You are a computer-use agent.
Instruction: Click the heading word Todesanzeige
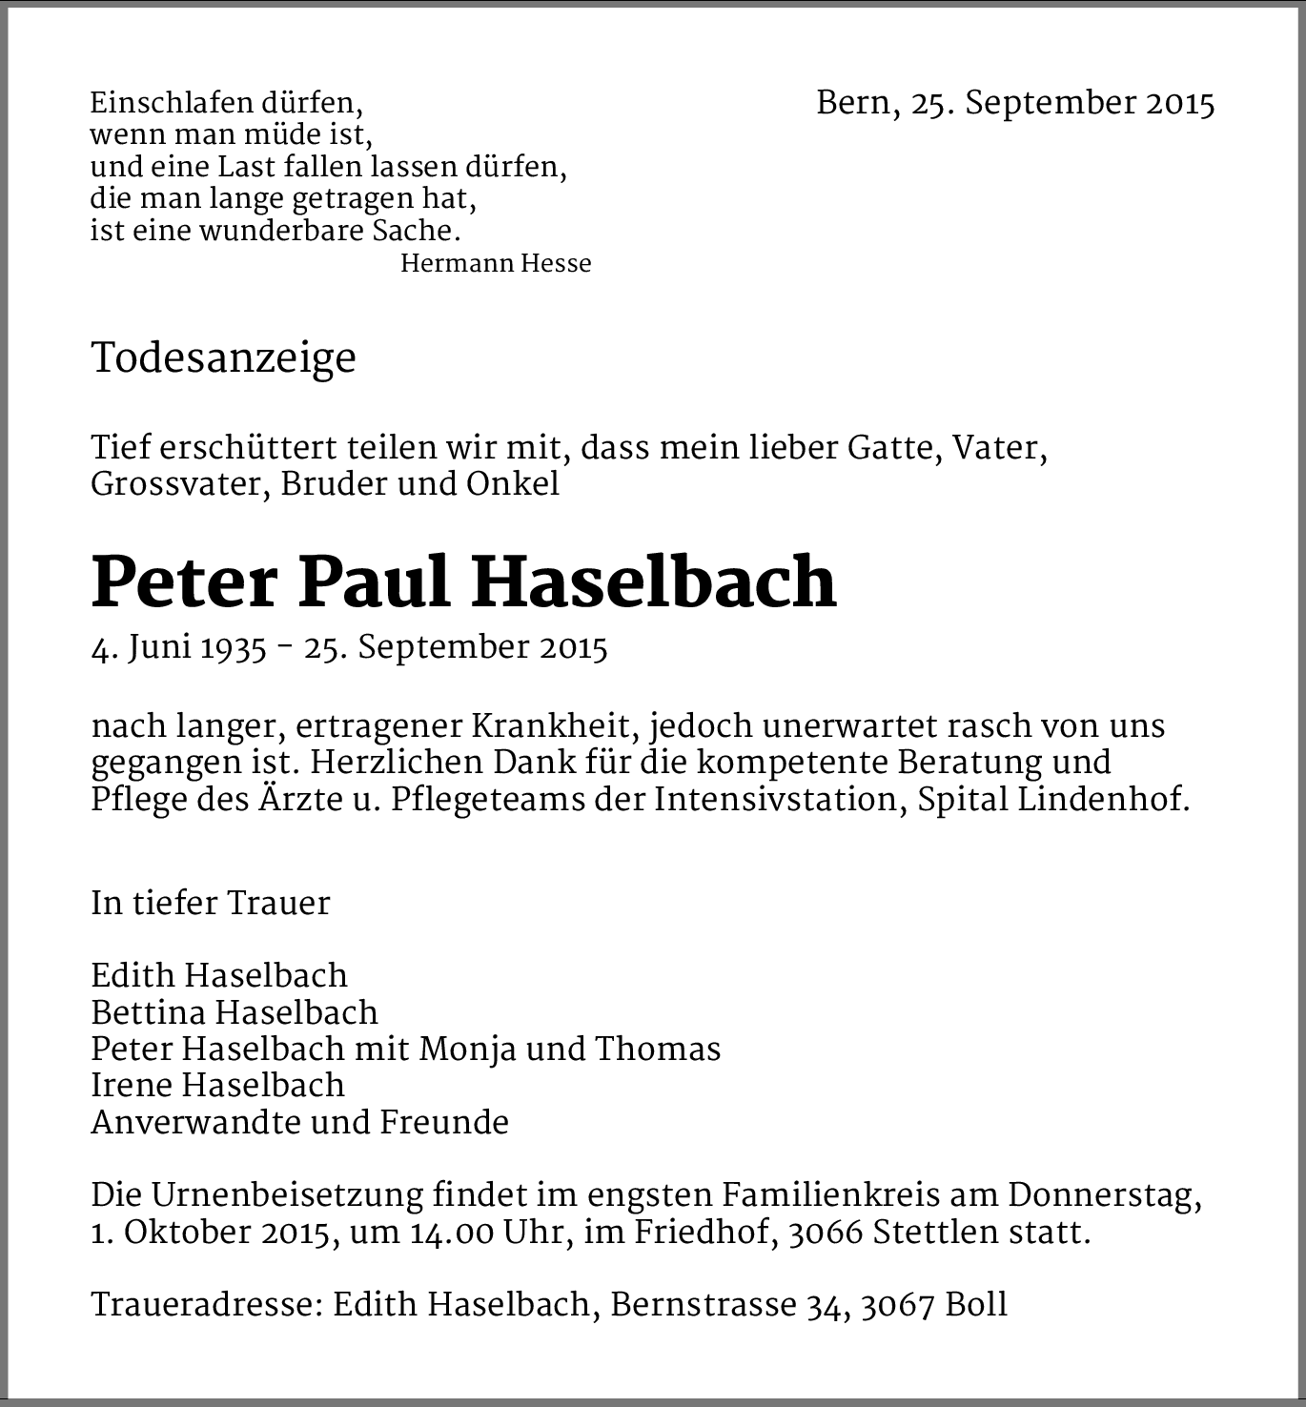(223, 359)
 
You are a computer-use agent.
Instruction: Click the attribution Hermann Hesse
(496, 264)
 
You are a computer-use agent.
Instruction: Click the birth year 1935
(233, 648)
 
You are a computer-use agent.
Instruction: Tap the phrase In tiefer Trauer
(211, 903)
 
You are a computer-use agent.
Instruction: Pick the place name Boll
(976, 1304)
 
